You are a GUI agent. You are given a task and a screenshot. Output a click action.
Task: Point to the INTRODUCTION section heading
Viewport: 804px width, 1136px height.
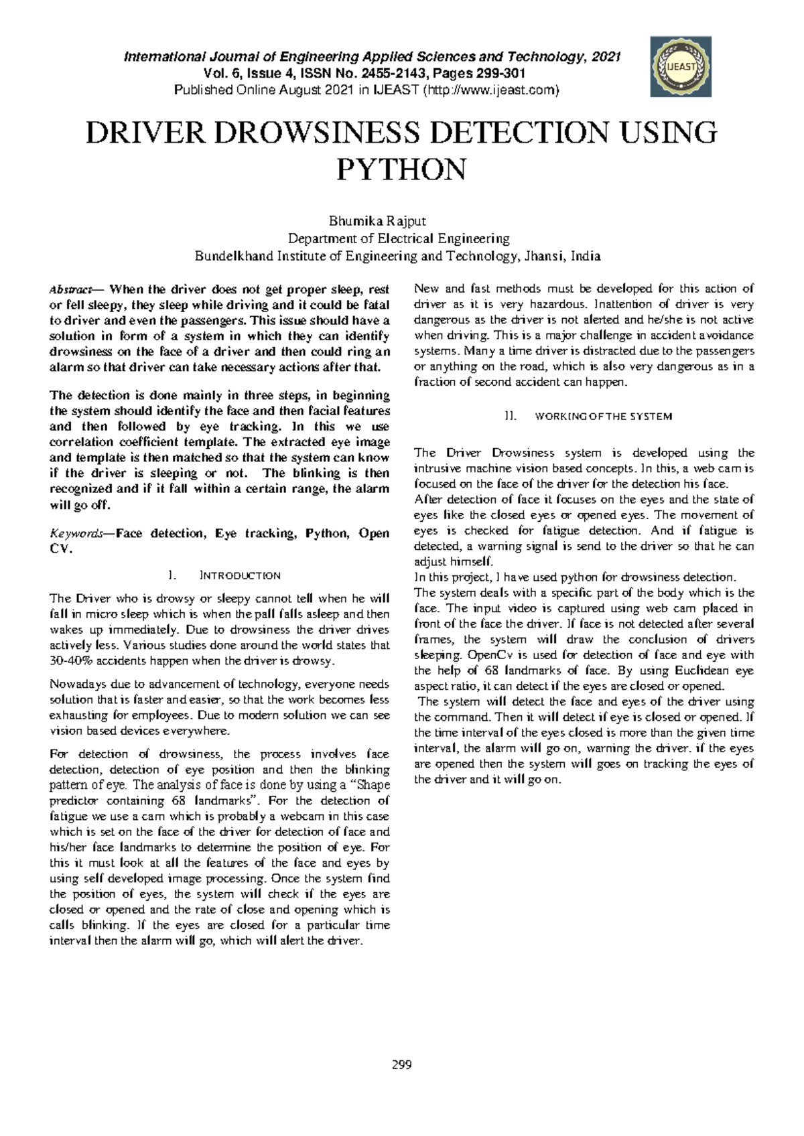click(240, 575)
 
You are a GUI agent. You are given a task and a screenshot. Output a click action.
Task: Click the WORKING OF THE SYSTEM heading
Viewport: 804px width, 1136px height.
click(603, 416)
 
